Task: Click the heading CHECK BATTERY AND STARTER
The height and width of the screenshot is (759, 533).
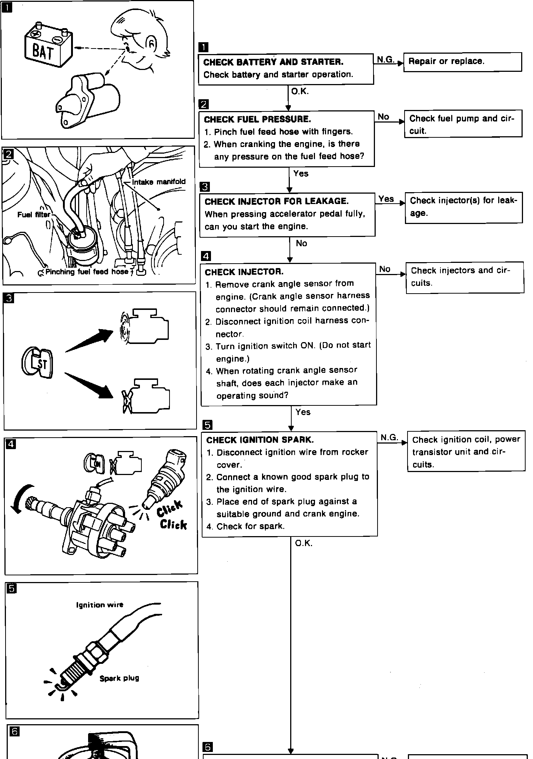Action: click(x=273, y=62)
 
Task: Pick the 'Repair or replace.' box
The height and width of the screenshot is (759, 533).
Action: click(x=462, y=61)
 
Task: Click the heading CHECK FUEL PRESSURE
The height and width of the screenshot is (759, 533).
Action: click(x=257, y=119)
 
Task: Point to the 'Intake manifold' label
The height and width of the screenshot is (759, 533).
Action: click(x=159, y=182)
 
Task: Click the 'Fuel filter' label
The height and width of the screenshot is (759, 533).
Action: click(x=34, y=215)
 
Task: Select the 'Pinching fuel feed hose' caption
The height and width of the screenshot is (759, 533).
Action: click(x=87, y=272)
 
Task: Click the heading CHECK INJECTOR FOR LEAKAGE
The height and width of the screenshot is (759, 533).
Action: click(x=276, y=201)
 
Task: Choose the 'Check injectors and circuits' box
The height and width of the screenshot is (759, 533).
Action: click(x=465, y=277)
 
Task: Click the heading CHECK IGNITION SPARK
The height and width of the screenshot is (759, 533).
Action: click(x=260, y=440)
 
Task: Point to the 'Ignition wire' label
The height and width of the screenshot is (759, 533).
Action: click(x=100, y=605)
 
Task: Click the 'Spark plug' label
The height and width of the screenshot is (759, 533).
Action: click(x=119, y=678)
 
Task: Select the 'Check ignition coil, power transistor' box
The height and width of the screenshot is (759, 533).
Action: click(x=466, y=451)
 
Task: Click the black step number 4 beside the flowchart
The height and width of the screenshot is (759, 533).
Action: click(x=206, y=256)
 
